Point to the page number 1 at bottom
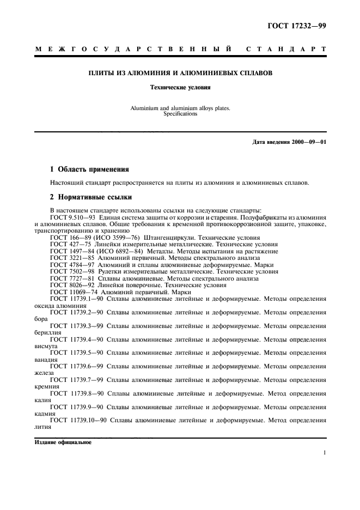324,452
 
